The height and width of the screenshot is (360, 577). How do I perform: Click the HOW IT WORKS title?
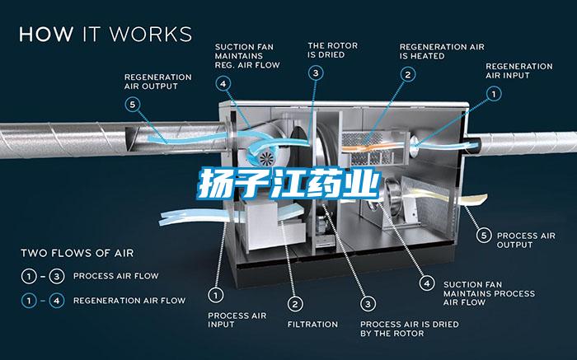(106, 34)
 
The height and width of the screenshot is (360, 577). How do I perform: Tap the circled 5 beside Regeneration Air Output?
(133, 105)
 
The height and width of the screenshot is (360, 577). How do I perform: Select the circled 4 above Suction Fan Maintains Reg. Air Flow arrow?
(223, 84)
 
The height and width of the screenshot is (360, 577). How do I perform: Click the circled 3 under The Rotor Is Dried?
(316, 73)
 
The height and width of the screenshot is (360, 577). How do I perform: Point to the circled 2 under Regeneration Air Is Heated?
(408, 75)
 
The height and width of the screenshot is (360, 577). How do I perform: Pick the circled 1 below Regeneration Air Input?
(494, 94)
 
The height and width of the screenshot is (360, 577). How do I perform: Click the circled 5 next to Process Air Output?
(484, 236)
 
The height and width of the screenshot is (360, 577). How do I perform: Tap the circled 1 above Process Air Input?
(216, 295)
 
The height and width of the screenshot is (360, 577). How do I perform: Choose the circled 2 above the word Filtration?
(295, 304)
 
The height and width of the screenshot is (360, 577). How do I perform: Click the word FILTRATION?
(312, 325)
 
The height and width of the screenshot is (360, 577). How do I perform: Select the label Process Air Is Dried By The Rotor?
(410, 329)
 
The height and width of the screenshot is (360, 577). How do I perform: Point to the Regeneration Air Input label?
(519, 71)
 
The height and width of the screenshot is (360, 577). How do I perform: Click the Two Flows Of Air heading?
(77, 253)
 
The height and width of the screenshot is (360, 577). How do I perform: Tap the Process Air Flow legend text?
(116, 276)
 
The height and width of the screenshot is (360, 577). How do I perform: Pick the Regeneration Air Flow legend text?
(129, 301)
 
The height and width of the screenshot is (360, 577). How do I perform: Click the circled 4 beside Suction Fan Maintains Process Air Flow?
(427, 283)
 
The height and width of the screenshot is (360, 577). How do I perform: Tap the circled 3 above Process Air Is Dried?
(368, 304)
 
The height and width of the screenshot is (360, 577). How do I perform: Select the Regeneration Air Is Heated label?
(442, 51)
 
